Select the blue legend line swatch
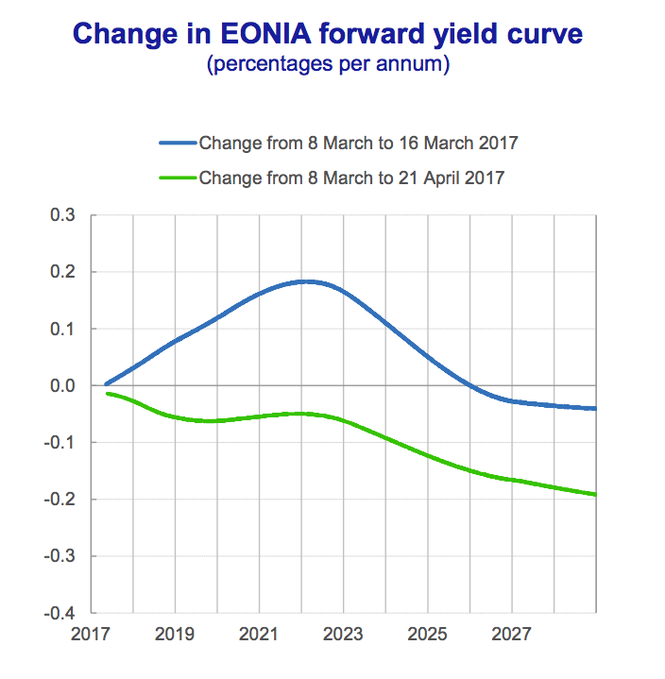(178, 144)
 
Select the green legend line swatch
(178, 177)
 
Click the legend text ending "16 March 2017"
(359, 144)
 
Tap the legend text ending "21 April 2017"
(351, 177)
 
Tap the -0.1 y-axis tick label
(60, 442)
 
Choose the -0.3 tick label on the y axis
(60, 555)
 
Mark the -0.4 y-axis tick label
(60, 612)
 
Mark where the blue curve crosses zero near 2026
(470, 385)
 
